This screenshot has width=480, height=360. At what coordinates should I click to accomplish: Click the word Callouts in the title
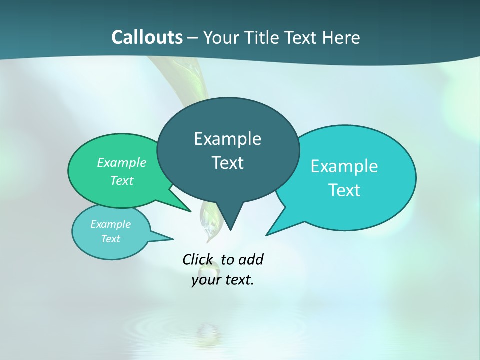147,37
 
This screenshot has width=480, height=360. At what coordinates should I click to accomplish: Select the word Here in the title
341,37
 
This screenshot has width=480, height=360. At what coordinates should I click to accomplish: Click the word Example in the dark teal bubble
227,139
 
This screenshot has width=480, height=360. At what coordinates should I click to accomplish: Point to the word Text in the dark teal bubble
227,163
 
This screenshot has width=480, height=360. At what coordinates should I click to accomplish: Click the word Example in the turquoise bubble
344,166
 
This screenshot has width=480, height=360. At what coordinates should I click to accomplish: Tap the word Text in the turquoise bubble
344,190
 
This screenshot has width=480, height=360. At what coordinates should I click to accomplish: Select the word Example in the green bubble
122,163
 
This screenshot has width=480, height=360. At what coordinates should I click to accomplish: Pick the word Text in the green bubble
122,181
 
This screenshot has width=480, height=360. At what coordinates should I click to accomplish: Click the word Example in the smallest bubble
111,224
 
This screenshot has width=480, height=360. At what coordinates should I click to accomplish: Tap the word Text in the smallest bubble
111,239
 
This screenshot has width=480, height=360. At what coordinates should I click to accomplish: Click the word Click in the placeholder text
198,260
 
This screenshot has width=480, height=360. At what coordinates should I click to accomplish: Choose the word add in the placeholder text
251,260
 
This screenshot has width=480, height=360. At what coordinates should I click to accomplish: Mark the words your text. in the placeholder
223,280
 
